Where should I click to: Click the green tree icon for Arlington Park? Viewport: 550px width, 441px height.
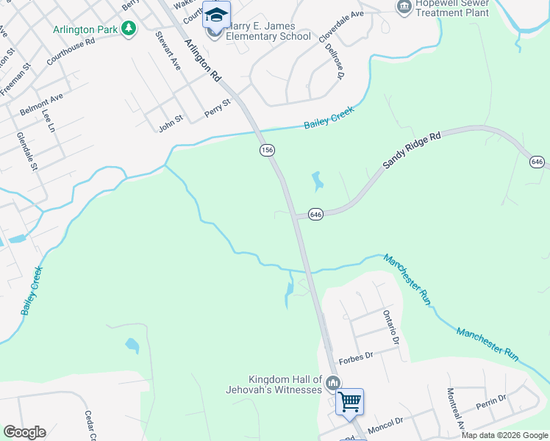click(129, 29)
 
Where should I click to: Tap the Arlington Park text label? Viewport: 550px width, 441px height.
click(85, 29)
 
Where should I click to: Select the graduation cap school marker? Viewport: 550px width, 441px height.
click(217, 15)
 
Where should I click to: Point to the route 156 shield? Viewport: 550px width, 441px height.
click(267, 150)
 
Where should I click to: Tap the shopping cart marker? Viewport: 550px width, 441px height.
click(349, 401)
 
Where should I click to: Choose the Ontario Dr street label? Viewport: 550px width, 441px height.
click(390, 327)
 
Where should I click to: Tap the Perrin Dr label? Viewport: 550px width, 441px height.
click(490, 402)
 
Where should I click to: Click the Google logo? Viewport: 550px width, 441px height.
click(25, 432)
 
